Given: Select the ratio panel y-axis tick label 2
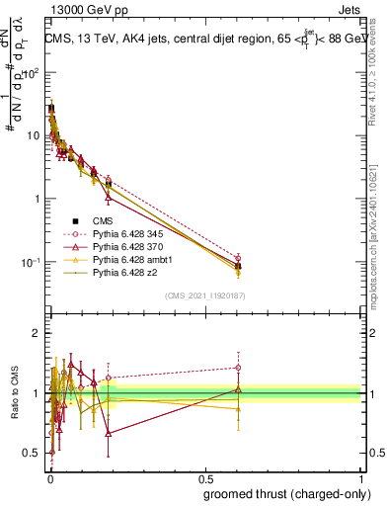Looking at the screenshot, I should [38, 333].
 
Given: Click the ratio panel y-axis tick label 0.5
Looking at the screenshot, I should [33, 453].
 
